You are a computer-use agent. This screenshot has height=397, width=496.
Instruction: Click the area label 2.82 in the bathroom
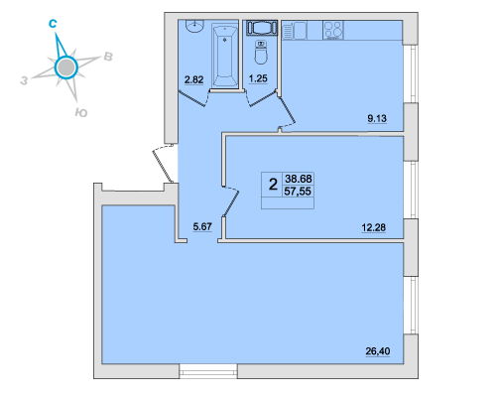pos(193,79)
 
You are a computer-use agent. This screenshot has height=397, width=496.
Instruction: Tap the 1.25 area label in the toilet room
pos(258,78)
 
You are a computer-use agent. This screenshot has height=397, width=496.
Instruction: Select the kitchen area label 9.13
pos(377,118)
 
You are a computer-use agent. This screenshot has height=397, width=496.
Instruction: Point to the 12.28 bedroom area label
pos(374,227)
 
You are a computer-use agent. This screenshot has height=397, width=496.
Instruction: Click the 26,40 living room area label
pos(378,351)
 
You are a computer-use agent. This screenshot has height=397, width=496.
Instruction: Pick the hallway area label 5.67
pos(202,226)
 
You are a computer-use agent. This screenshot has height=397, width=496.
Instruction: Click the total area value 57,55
pos(298,192)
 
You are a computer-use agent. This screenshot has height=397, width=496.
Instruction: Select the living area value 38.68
pos(299,179)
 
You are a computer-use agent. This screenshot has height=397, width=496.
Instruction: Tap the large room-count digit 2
pos(273,184)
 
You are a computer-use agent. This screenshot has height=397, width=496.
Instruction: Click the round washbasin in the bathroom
pos(195,26)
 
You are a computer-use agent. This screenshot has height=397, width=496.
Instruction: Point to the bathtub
pos(225,55)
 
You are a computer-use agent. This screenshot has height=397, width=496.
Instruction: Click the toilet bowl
pos(261,53)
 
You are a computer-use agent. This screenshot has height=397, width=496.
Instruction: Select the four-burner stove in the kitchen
pos(333,31)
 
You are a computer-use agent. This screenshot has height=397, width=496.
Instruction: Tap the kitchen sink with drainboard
pos(295,31)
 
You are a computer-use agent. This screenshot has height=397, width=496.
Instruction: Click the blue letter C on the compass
pos(53,24)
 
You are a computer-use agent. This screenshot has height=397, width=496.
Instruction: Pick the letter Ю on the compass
pos(81,113)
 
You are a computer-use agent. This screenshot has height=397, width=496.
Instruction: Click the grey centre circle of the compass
pos(66,67)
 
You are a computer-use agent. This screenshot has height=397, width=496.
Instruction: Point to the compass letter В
pos(108,57)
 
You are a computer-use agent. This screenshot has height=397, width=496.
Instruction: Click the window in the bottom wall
pos(208,371)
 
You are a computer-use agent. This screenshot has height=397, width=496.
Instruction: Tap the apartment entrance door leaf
pos(163,167)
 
